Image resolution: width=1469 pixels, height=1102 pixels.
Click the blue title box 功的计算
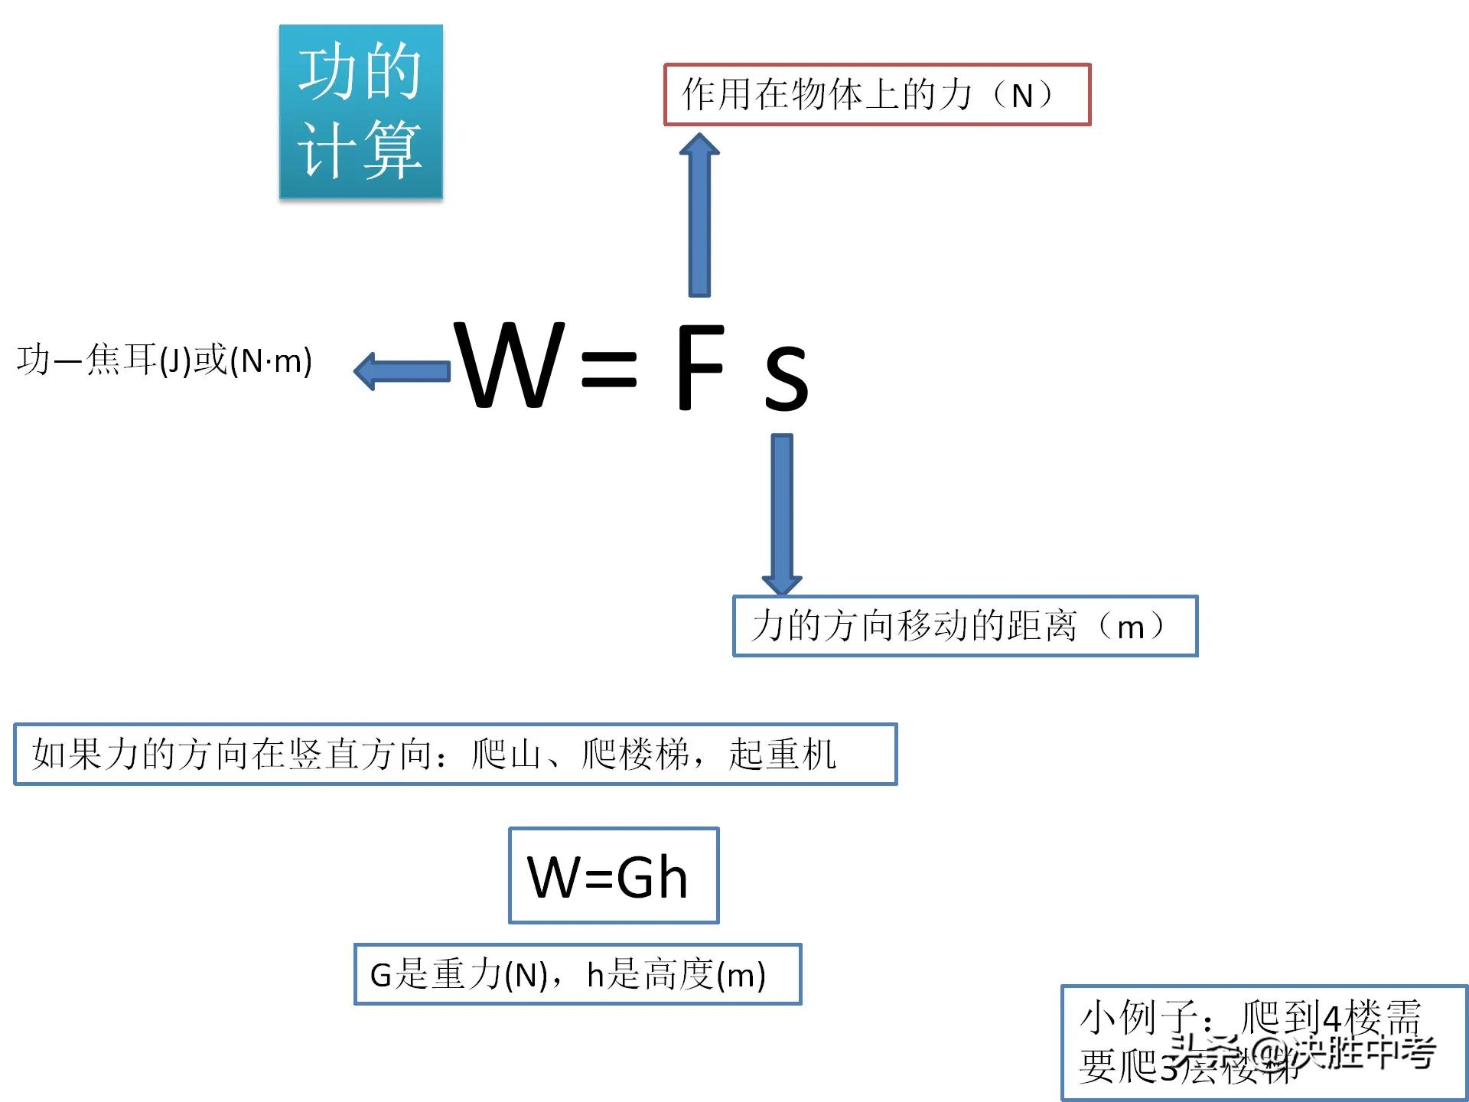click(x=360, y=112)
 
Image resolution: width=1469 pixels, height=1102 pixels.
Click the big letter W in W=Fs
click(x=510, y=366)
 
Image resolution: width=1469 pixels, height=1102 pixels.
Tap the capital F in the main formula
click(x=699, y=367)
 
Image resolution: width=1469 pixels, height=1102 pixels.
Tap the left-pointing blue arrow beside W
click(x=402, y=371)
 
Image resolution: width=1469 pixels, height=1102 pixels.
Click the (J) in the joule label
click(x=175, y=361)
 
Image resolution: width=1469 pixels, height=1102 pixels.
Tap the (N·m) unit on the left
click(x=271, y=361)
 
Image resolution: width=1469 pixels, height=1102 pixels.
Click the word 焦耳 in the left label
click(x=122, y=360)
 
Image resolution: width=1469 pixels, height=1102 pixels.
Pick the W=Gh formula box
click(x=613, y=875)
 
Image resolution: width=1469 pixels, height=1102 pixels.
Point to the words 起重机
click(x=781, y=755)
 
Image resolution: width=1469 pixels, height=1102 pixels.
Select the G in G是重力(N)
click(x=380, y=975)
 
